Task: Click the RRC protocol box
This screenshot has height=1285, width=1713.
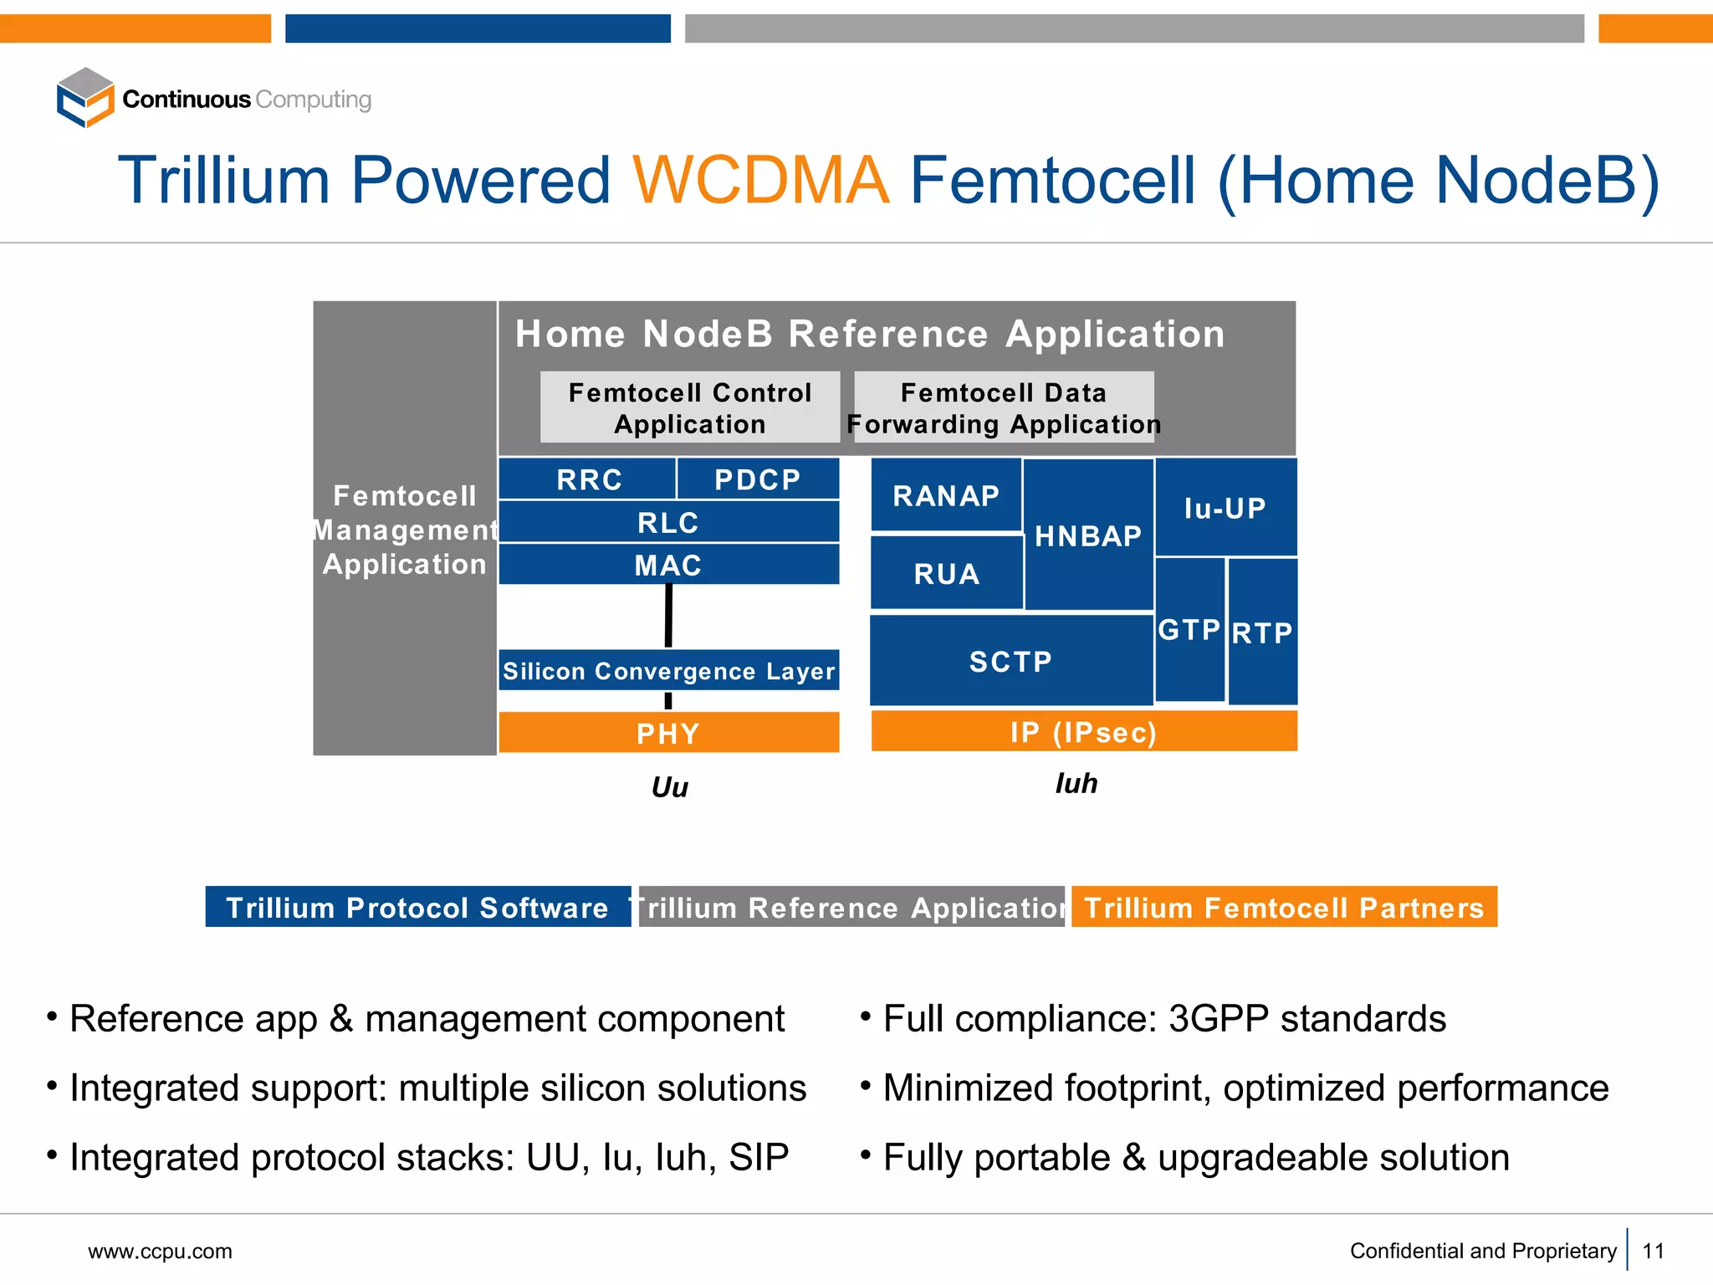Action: coord(588,479)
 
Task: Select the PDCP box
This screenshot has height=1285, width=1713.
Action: coord(758,479)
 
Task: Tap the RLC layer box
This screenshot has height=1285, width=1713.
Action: coord(668,522)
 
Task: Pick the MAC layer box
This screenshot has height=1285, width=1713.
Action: coord(668,565)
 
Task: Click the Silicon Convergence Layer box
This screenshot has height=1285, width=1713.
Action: coord(668,670)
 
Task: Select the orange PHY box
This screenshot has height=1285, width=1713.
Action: coord(668,733)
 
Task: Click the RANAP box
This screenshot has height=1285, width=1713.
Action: coord(946,495)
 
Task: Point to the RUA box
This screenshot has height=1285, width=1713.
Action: coord(946,573)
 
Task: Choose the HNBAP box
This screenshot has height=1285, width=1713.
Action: coord(1088,535)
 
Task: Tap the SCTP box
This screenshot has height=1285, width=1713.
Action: coord(1010,661)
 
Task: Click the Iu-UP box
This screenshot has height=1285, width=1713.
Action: coord(1225,507)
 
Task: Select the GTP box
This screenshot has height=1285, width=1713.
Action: coord(1189,629)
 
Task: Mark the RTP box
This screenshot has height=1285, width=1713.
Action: coord(1262,632)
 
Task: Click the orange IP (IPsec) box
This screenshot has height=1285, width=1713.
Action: coord(1083,732)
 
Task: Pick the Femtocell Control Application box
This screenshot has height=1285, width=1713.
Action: coord(690,407)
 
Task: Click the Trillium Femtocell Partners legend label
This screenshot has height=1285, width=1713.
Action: coord(1284,907)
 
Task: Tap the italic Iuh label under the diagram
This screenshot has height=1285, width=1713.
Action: coord(1076,783)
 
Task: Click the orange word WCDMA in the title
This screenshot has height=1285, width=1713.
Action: coord(760,180)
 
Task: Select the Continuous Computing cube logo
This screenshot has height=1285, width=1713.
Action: coord(85,98)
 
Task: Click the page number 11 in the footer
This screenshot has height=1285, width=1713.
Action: coord(1653,1251)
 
